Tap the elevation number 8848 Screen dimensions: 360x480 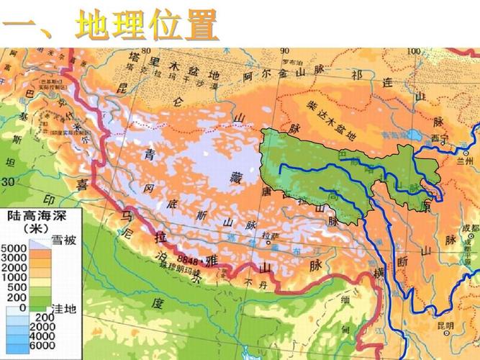[175, 257]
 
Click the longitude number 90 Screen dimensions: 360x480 [284, 51]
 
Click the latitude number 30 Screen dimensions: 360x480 [8, 182]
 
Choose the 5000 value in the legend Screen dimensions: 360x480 [16, 248]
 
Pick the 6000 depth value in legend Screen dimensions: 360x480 [45, 345]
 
